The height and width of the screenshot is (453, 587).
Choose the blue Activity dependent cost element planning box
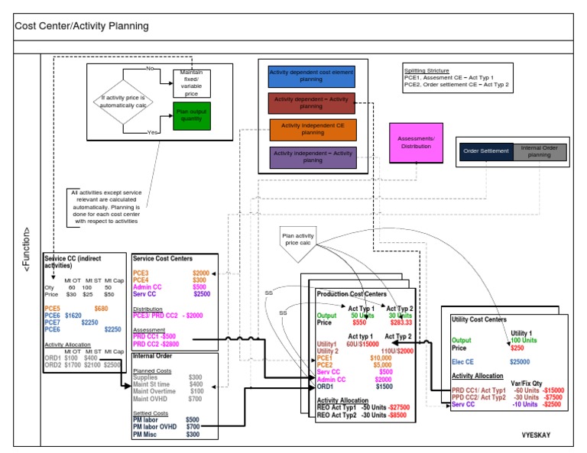[x=312, y=77]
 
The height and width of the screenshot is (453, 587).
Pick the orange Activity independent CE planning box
[x=313, y=129]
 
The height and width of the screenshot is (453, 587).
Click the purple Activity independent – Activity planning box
[x=313, y=157]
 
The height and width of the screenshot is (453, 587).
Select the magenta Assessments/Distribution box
[x=416, y=142]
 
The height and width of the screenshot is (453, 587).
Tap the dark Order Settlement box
[x=485, y=151]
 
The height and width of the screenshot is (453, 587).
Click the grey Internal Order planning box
[x=540, y=151]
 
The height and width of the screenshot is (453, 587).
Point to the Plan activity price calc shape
[x=298, y=239]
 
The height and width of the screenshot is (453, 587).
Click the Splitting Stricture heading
[x=426, y=71]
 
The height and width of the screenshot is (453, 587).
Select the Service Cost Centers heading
[x=162, y=259]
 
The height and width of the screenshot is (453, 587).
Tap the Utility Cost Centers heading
[x=479, y=319]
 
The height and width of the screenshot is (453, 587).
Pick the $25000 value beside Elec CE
[x=521, y=361]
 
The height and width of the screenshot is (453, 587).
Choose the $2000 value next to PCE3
[x=200, y=273]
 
